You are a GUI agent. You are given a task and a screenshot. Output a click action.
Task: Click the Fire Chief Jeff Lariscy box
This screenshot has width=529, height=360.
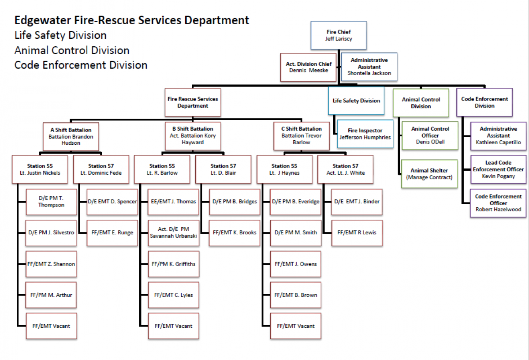coord(339,35)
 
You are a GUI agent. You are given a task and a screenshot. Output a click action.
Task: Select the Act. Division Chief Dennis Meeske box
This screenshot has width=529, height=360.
coord(309,67)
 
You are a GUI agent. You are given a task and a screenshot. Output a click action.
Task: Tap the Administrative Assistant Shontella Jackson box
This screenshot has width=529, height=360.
coord(369,67)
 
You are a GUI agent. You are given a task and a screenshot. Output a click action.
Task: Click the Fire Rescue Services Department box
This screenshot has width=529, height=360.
coord(193,102)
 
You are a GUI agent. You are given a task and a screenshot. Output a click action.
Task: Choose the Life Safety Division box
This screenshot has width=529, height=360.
coord(356,101)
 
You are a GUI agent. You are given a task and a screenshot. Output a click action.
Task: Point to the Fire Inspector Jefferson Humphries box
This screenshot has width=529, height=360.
coord(365,134)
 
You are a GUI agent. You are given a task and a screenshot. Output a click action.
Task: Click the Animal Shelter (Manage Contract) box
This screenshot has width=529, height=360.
coord(429,174)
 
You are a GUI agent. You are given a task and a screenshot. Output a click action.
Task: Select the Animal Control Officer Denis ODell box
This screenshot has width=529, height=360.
coord(430,135)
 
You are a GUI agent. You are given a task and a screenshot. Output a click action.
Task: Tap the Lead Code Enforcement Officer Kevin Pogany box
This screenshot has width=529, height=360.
coord(498,169)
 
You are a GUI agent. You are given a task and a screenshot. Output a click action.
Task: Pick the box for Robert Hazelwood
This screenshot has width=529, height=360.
coord(498,203)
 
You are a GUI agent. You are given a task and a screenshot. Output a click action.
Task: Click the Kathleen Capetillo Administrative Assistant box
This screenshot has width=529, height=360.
coord(498,136)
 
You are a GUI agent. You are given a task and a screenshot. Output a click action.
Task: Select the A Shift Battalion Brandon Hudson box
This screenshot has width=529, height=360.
coord(71,137)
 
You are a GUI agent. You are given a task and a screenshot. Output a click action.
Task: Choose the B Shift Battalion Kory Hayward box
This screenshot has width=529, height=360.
coord(193,136)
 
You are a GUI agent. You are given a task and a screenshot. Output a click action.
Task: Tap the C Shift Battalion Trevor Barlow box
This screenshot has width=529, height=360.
coord(302,136)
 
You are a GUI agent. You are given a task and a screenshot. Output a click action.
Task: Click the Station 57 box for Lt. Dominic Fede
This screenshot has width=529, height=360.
coord(101,169)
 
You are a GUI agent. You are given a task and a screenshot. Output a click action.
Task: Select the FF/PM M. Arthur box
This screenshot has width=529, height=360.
coord(51,295)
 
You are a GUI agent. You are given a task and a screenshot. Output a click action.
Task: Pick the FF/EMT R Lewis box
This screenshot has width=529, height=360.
coord(357,232)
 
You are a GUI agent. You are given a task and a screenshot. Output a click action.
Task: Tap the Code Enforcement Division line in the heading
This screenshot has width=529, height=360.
coord(81,65)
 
